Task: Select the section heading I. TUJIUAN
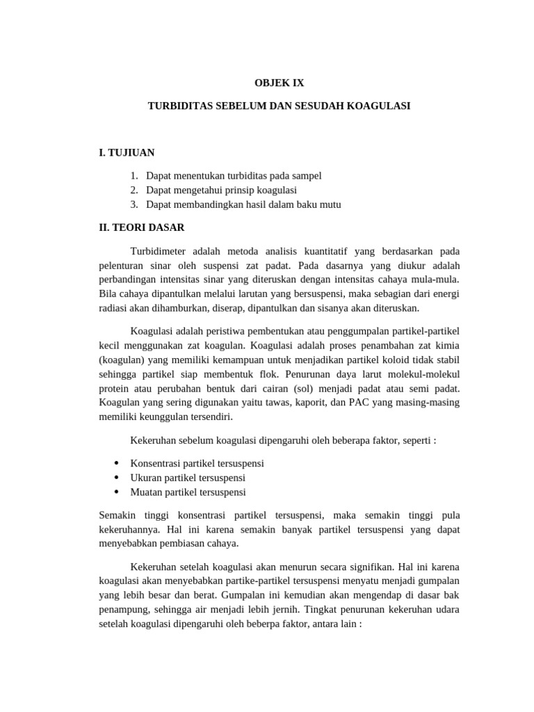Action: [x=127, y=152]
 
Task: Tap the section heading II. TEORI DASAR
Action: [x=142, y=227]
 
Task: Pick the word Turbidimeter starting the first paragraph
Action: [x=159, y=251]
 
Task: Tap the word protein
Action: [x=115, y=389]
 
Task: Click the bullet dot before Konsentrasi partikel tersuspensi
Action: [x=116, y=462]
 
